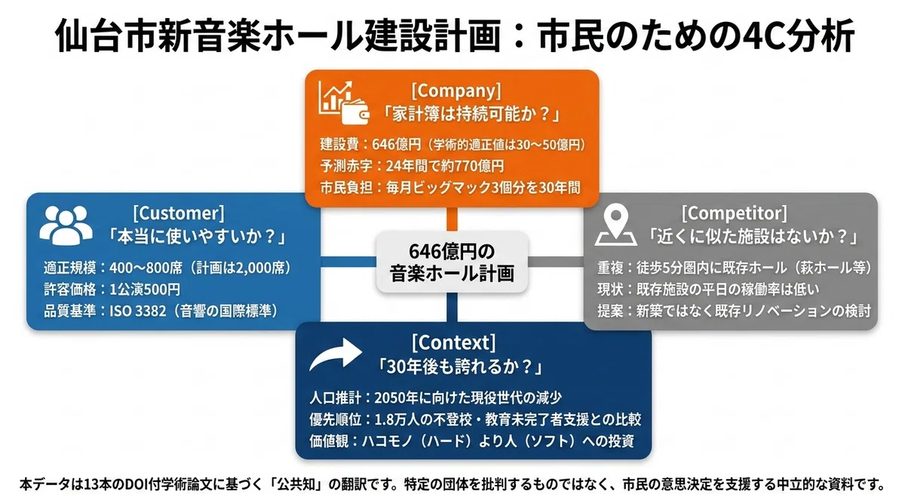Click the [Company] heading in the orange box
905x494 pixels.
[x=456, y=91]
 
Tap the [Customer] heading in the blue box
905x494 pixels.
[x=178, y=213]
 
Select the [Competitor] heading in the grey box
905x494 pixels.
[x=734, y=213]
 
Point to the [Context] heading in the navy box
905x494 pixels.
[x=453, y=342]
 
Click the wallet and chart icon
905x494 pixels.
[x=343, y=103]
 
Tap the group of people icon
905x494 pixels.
[x=66, y=226]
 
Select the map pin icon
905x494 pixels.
[x=615, y=226]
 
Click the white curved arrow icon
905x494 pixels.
[x=336, y=354]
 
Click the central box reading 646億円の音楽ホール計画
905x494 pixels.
[x=452, y=262]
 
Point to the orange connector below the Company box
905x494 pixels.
[x=452, y=219]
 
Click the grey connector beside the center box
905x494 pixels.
[x=556, y=262]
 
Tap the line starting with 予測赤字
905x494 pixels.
[x=412, y=166]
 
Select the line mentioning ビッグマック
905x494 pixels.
[x=450, y=188]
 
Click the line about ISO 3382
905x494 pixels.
[x=161, y=311]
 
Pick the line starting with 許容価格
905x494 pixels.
[x=112, y=289]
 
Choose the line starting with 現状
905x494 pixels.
[x=708, y=289]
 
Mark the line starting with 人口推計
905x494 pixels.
[x=436, y=398]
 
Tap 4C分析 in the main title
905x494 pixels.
[x=799, y=35]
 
